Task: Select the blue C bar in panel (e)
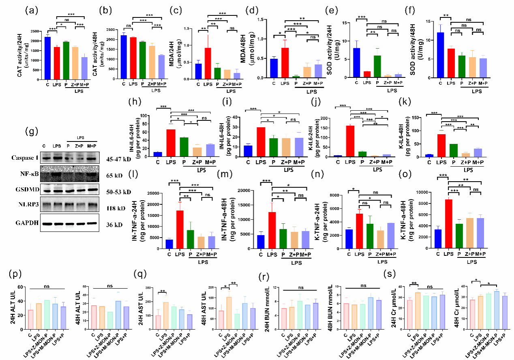pos(356,62)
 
